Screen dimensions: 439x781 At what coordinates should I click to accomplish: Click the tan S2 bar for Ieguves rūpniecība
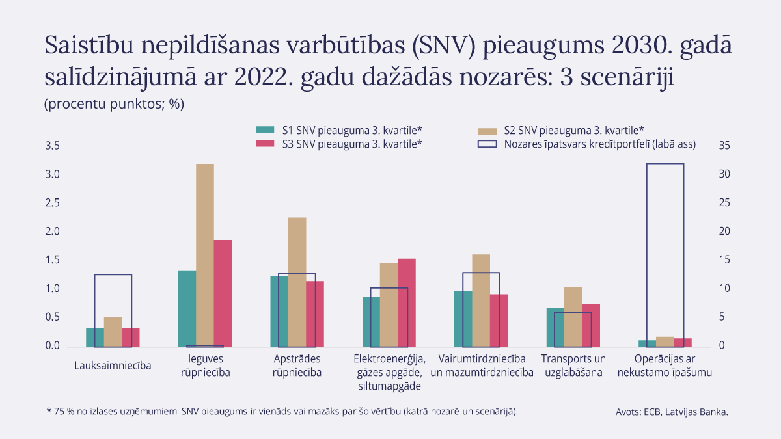click(x=205, y=254)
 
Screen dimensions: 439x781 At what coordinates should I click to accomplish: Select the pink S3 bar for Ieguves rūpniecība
click(x=223, y=293)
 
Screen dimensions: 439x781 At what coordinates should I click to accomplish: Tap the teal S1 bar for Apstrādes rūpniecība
click(x=279, y=310)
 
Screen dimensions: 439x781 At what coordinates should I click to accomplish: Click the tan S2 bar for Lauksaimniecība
click(x=113, y=331)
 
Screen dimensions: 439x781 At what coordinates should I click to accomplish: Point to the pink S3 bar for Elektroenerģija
click(x=406, y=302)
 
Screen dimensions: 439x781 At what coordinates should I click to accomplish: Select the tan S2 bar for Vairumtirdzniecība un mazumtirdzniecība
click(x=481, y=300)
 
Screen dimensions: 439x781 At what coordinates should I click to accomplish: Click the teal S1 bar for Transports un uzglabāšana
click(x=555, y=326)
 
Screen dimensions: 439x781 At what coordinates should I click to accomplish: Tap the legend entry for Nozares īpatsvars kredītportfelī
click(x=586, y=144)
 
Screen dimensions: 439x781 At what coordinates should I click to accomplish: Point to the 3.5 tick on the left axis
click(x=53, y=146)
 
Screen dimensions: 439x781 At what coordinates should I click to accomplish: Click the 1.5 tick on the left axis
click(x=53, y=260)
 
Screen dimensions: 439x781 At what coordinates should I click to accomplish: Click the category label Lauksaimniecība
click(x=113, y=366)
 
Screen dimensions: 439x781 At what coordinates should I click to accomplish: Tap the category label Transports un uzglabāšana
click(x=573, y=366)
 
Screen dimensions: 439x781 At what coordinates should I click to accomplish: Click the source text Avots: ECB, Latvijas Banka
click(x=672, y=412)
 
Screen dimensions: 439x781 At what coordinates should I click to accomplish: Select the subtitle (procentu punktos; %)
click(x=115, y=104)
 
